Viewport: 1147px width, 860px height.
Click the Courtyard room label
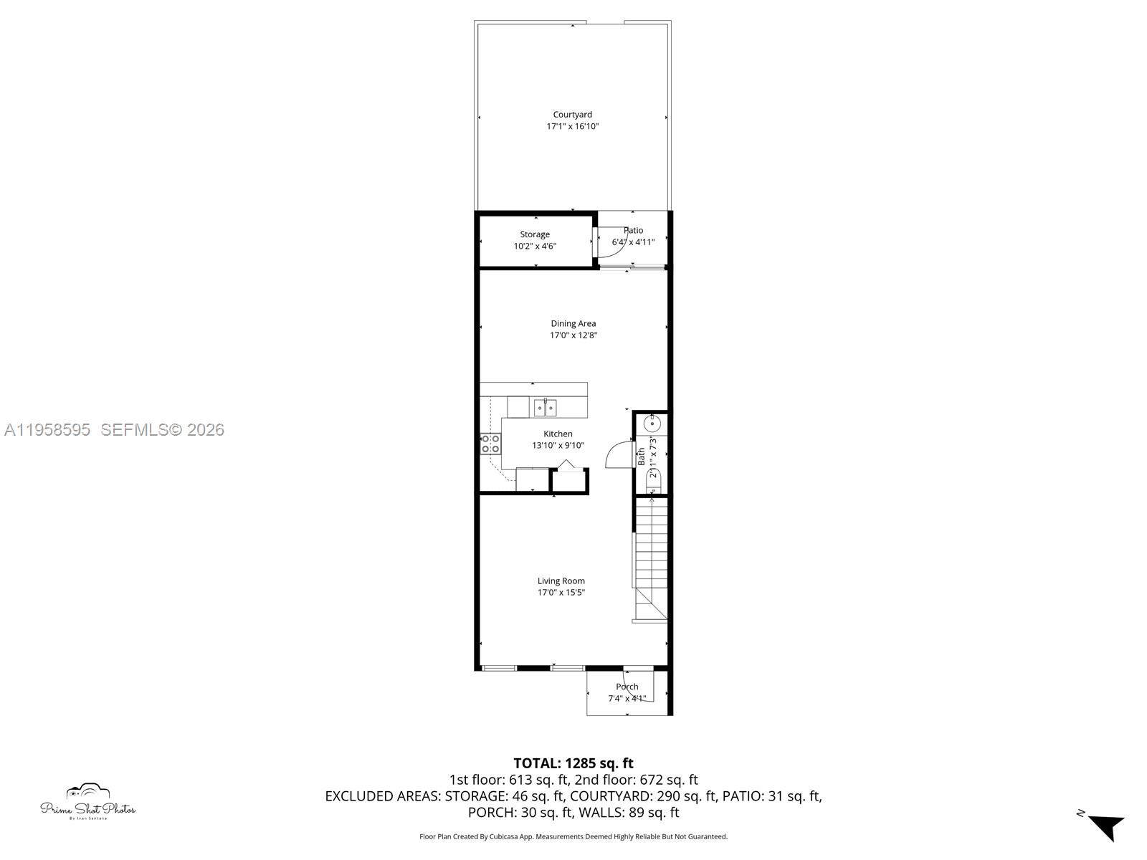click(572, 115)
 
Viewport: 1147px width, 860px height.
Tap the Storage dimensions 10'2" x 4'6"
click(535, 247)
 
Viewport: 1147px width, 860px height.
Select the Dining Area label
click(573, 324)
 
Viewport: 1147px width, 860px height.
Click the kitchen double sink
click(545, 408)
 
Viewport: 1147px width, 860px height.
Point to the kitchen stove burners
click(490, 444)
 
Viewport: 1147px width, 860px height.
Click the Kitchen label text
click(558, 434)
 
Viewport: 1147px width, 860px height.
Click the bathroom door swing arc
click(616, 456)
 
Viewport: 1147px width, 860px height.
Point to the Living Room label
click(561, 581)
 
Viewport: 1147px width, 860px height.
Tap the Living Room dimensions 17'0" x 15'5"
click(561, 593)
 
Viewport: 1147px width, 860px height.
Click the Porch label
click(627, 687)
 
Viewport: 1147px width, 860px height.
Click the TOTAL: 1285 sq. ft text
click(573, 763)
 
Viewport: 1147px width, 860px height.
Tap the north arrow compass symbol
click(1106, 826)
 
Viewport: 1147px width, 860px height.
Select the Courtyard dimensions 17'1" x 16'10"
click(572, 127)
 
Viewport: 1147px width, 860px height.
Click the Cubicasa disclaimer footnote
click(573, 836)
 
